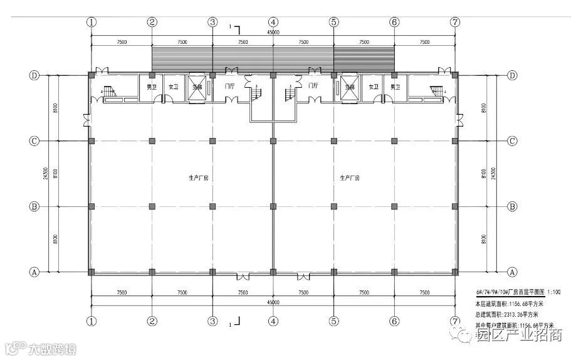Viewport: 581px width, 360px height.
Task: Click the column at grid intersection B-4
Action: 273,206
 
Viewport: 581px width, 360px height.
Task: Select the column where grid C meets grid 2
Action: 152,140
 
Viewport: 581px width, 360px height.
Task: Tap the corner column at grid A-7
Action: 456,272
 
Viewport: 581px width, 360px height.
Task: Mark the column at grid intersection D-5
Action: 333,75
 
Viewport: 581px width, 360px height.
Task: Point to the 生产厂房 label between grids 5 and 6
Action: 349,178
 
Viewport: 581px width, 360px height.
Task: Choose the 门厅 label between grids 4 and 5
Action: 313,86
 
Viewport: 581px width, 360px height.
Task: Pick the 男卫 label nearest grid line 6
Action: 394,87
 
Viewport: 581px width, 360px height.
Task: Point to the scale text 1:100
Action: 555,293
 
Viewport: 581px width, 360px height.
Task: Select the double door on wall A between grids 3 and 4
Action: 241,275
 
